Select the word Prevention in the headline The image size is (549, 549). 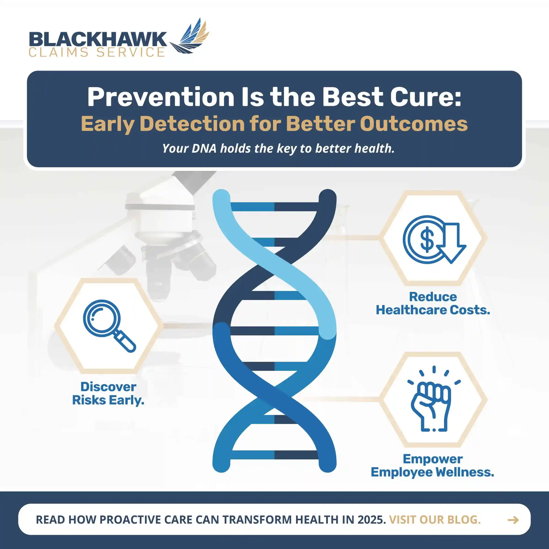pos(161,97)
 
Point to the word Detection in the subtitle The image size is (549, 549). pos(192,124)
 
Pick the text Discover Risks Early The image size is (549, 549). pos(108,393)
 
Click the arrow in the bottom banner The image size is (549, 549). pos(513,520)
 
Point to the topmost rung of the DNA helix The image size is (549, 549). pos(274,207)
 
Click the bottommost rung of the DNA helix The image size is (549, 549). pos(274,455)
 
